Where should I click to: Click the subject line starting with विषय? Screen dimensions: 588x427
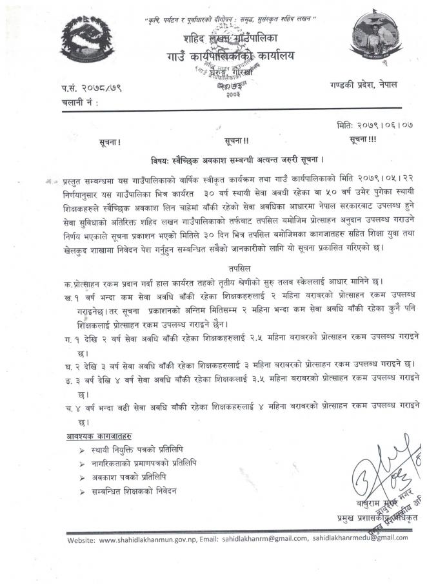[232, 159]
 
